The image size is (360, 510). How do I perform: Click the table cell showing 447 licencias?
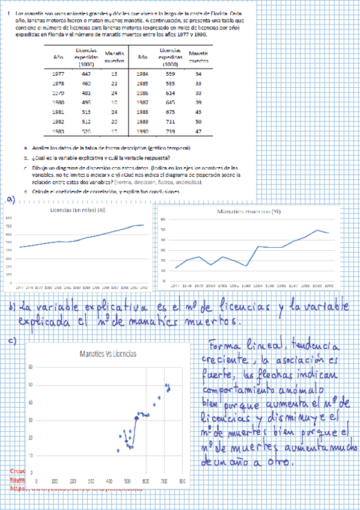86,73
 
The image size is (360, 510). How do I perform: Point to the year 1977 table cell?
59,73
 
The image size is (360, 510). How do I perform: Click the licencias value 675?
170,111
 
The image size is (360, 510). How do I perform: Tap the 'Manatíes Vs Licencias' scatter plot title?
108,354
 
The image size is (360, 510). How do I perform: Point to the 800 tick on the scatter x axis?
182,481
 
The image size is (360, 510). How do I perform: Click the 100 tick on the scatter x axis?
55,481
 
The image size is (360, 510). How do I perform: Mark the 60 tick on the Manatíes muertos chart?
162,220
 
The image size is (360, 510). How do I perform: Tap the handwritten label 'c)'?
12,341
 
